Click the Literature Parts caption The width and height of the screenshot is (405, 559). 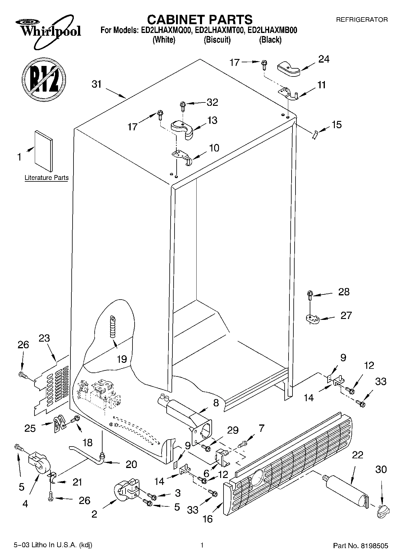47,178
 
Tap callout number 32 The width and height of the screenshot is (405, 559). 212,102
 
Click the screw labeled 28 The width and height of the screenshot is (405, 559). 310,295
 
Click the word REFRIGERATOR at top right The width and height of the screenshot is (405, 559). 362,20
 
